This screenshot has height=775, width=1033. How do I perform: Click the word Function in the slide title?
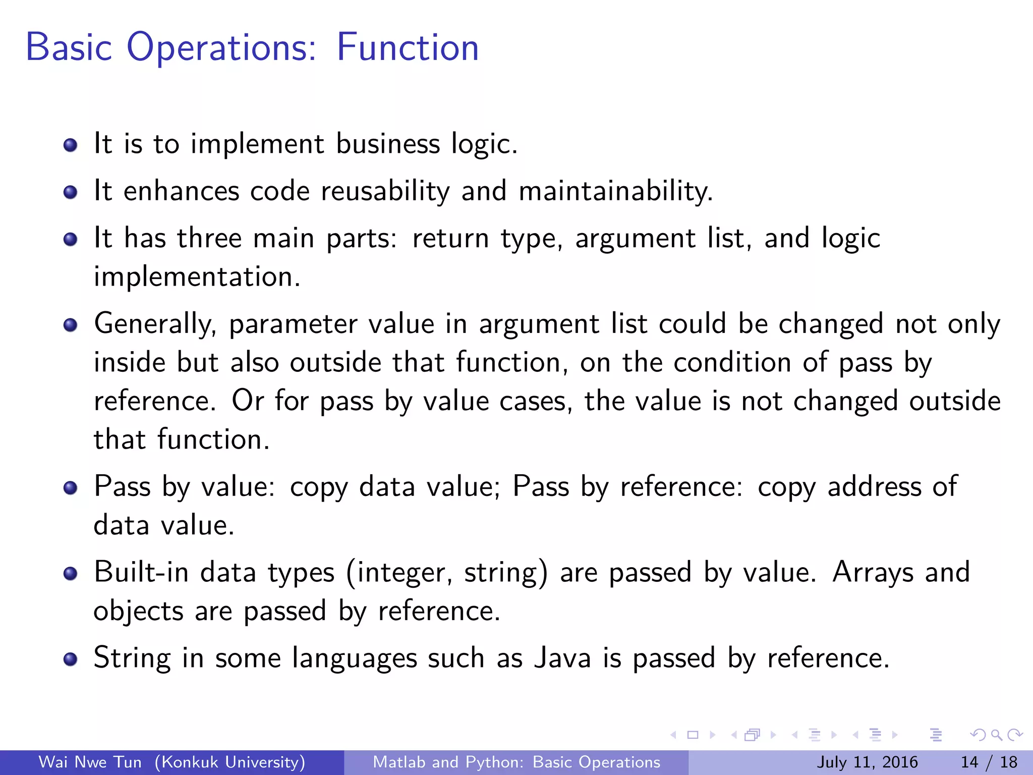pyautogui.click(x=408, y=47)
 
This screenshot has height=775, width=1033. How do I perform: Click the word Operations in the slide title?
pyautogui.click(x=221, y=47)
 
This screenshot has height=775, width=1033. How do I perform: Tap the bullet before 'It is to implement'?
pyautogui.click(x=71, y=145)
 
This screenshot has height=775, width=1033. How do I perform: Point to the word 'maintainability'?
pyautogui.click(x=615, y=192)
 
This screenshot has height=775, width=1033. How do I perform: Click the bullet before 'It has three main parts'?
pyautogui.click(x=71, y=239)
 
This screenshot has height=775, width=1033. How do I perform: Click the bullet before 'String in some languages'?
pyautogui.click(x=71, y=659)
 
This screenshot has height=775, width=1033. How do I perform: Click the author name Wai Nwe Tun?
pyautogui.click(x=90, y=762)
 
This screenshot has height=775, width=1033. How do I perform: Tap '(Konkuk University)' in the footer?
pyautogui.click(x=230, y=762)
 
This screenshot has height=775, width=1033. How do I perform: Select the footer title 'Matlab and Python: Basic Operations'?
pyautogui.click(x=516, y=762)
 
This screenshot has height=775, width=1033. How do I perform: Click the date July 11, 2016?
pyautogui.click(x=867, y=762)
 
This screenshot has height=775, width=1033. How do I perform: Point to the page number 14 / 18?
pyautogui.click(x=989, y=762)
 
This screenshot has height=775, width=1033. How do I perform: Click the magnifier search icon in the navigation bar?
pyautogui.click(x=996, y=735)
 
